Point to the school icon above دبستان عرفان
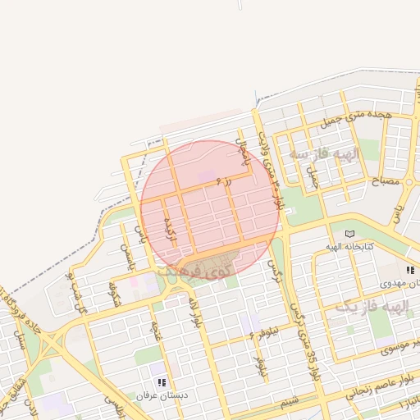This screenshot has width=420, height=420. [x=162, y=382]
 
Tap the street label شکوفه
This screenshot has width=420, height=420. [x=115, y=294]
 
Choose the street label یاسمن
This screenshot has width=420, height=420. [x=126, y=257]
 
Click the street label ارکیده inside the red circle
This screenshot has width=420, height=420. [x=169, y=228]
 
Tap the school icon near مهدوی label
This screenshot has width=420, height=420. [x=409, y=270]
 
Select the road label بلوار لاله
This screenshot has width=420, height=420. [x=197, y=313]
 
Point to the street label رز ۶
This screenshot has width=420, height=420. [x=223, y=181]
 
